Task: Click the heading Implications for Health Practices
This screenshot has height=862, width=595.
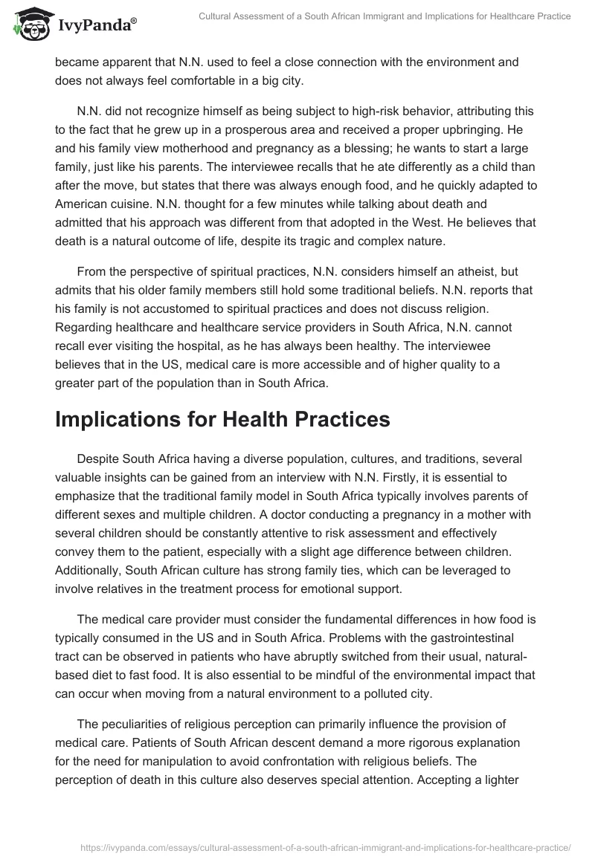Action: (222, 418)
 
